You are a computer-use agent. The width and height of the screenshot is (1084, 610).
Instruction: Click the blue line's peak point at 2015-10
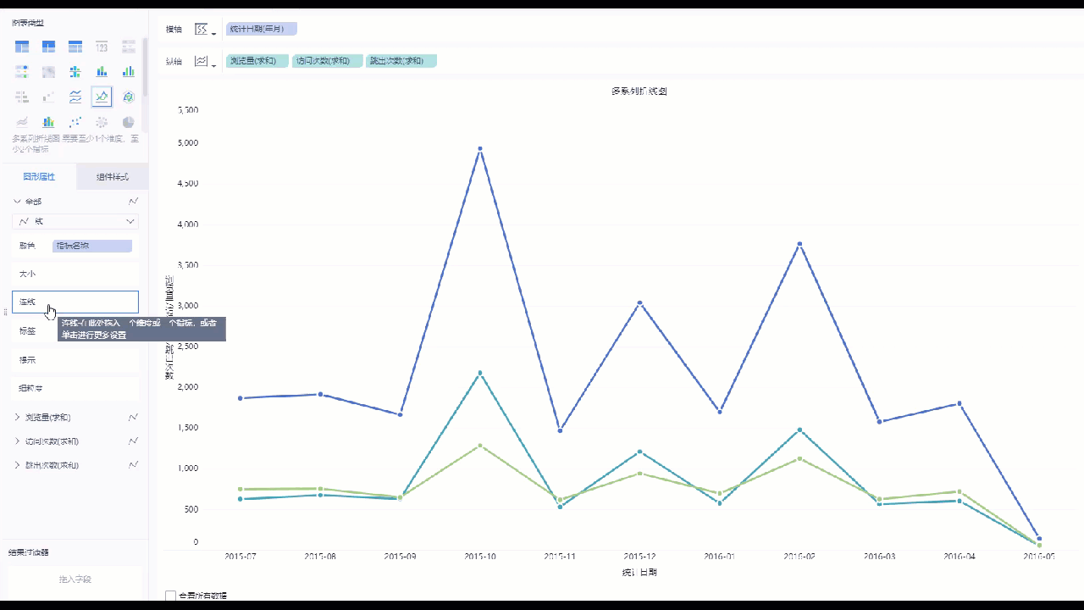pos(480,149)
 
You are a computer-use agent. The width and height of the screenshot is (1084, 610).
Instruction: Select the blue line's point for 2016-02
pos(799,244)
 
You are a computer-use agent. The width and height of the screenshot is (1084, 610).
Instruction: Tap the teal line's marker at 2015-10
pos(480,373)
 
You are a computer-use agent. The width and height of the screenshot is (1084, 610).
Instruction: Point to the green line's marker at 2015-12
pos(639,473)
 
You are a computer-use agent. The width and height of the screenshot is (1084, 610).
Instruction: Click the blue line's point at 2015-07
pos(241,398)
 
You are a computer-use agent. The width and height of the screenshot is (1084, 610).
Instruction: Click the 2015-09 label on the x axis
pos(400,557)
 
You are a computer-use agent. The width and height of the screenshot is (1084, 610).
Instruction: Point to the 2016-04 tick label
pos(959,557)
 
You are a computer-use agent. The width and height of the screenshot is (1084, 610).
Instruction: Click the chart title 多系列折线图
pos(639,91)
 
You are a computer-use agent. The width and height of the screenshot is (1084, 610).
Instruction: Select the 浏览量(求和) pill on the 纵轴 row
pos(257,61)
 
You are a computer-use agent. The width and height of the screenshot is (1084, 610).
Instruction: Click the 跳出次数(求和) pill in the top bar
pos(401,61)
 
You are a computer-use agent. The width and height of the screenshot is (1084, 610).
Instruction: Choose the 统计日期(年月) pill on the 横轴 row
pos(262,29)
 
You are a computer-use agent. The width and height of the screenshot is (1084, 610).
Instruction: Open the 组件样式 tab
pos(112,177)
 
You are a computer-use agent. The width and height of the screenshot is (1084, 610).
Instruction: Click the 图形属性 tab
pos(39,177)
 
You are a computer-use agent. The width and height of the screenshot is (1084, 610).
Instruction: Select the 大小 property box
pos(75,274)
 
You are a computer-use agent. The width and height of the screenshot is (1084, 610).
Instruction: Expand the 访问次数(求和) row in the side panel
pos(18,441)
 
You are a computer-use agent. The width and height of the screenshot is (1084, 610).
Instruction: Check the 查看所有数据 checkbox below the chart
pos(170,596)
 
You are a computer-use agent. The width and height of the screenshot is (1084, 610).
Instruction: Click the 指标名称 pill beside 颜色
pos(91,246)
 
